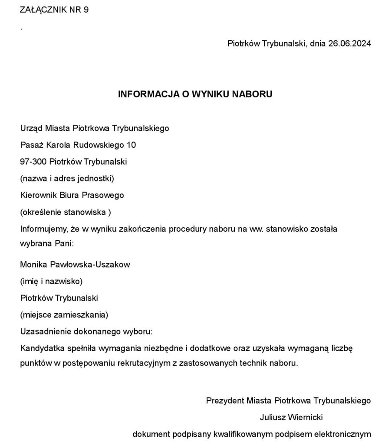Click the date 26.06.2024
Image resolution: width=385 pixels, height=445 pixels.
(x=349, y=43)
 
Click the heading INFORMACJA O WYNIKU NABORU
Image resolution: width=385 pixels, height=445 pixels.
(x=195, y=94)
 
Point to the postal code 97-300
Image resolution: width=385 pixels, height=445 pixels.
(x=33, y=162)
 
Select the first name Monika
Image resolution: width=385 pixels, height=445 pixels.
(x=33, y=264)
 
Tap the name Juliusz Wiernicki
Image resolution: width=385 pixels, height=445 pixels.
(x=291, y=417)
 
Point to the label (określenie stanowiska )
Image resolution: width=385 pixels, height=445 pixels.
(x=66, y=212)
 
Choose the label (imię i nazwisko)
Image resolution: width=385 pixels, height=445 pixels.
(x=51, y=281)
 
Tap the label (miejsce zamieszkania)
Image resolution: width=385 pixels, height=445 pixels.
(x=64, y=315)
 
